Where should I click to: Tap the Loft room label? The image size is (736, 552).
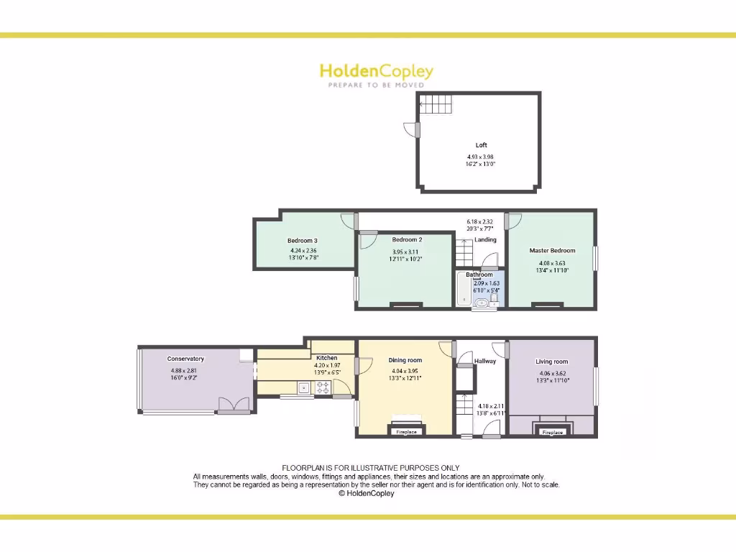pyautogui.click(x=481, y=145)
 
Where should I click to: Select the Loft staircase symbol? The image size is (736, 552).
pyautogui.click(x=436, y=104)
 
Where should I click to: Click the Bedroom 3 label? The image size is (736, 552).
pyautogui.click(x=303, y=241)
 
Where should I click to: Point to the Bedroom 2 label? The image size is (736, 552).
pyautogui.click(x=407, y=239)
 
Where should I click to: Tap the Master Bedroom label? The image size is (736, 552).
pyautogui.click(x=552, y=251)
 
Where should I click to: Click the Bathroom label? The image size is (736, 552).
pyautogui.click(x=479, y=275)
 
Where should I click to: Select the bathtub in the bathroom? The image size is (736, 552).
pyautogui.click(x=464, y=292)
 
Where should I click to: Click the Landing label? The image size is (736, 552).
pyautogui.click(x=486, y=239)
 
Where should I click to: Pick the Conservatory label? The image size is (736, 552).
pyautogui.click(x=185, y=359)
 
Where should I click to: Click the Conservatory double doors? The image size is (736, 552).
pyautogui.click(x=234, y=405)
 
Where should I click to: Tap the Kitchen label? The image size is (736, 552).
pyautogui.click(x=326, y=358)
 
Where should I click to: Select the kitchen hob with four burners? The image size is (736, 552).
pyautogui.click(x=323, y=388)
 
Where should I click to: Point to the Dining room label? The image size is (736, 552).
pyautogui.click(x=405, y=360)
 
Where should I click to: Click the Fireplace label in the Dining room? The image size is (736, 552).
pyautogui.click(x=407, y=432)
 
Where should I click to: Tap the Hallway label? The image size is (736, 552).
pyautogui.click(x=485, y=361)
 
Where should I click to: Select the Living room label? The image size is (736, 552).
pyautogui.click(x=552, y=362)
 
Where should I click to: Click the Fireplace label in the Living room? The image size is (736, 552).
pyautogui.click(x=552, y=433)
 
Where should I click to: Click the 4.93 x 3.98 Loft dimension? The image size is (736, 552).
pyautogui.click(x=481, y=157)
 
